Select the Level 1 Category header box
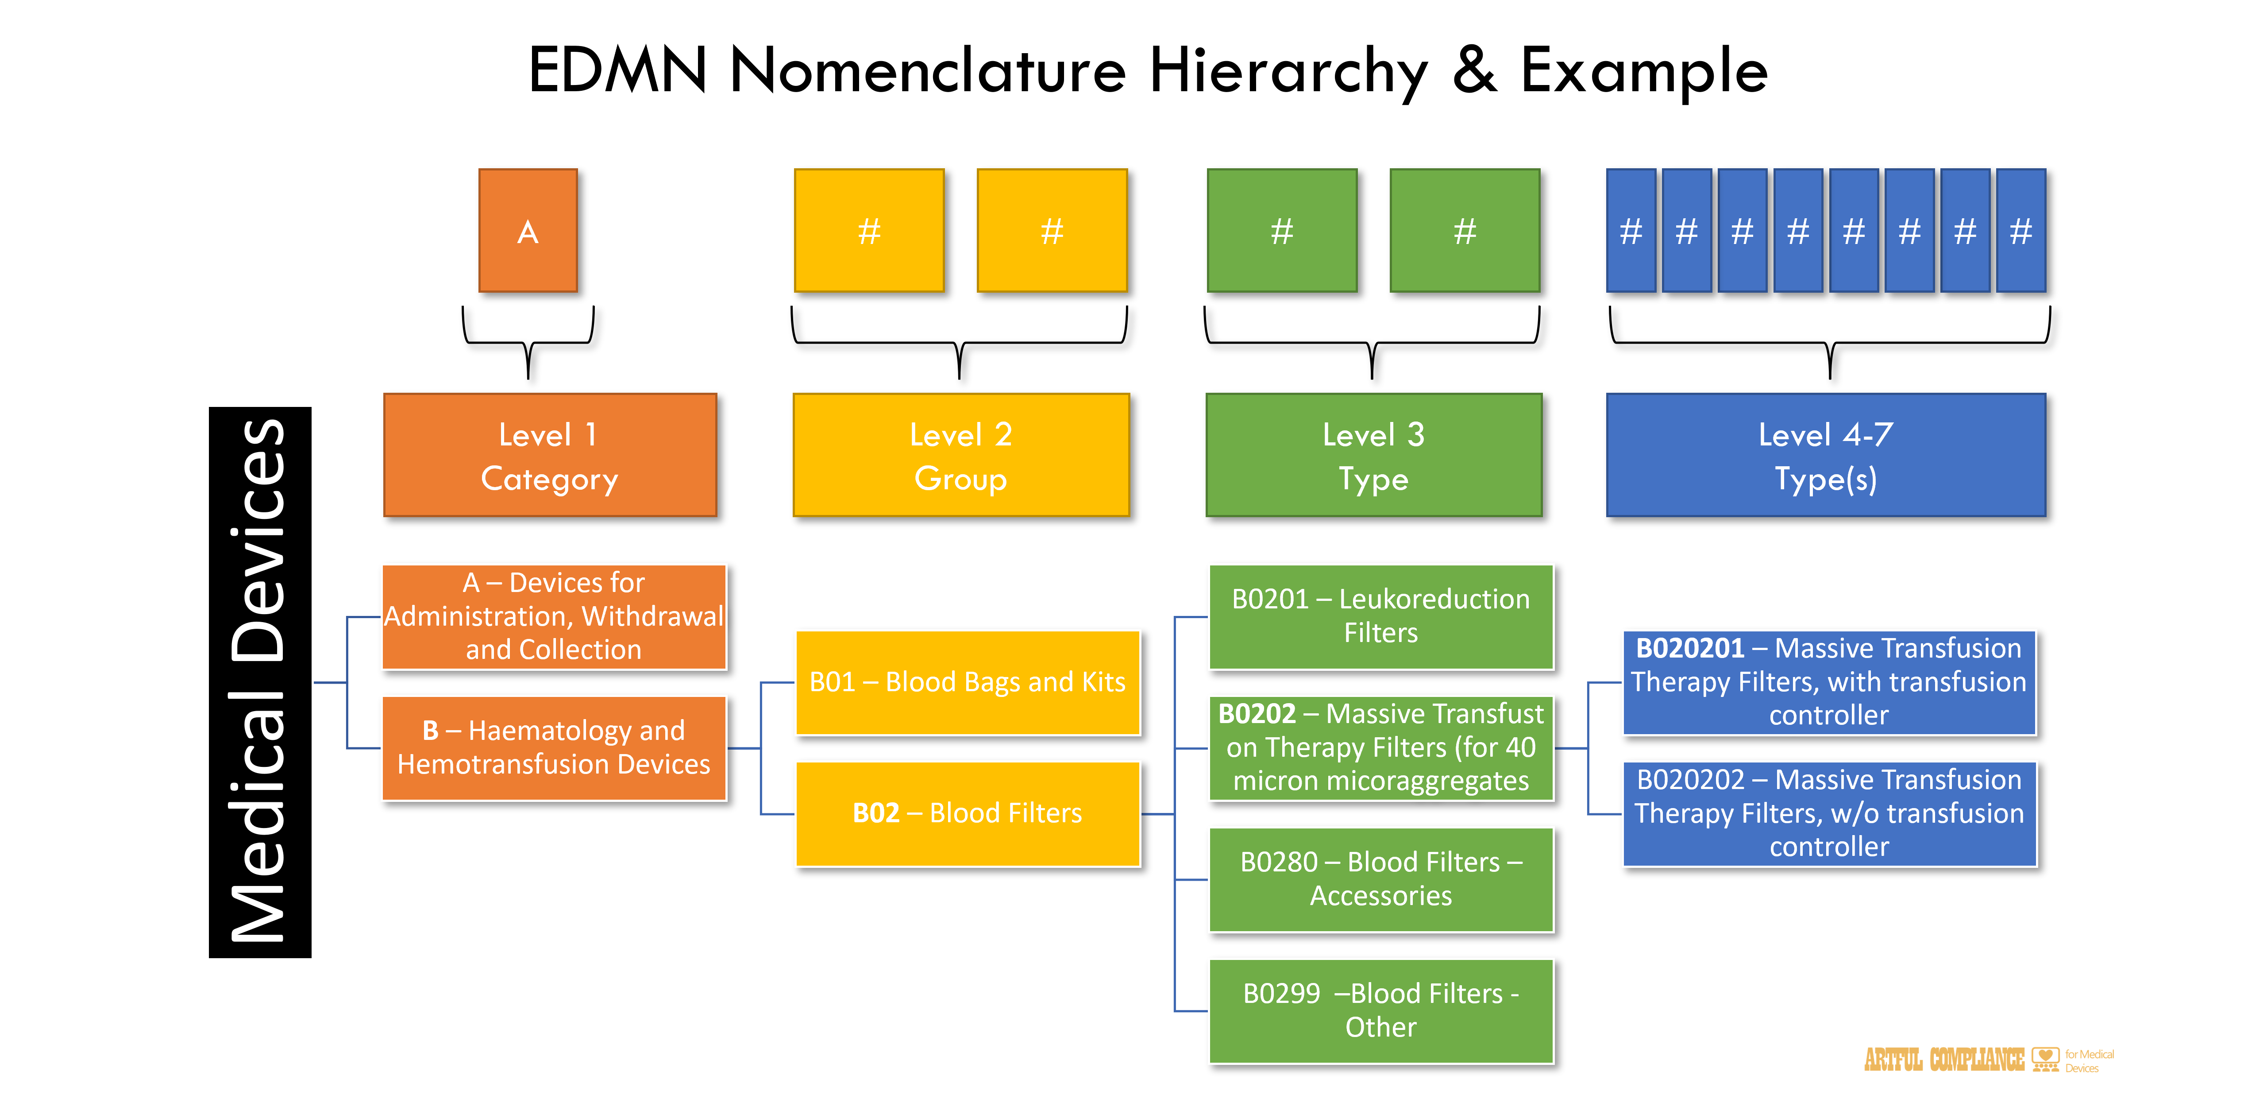pyautogui.click(x=550, y=455)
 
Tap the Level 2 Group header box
pyautogui.click(x=961, y=455)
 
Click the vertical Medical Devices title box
pyautogui.click(x=260, y=682)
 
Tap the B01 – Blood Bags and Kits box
pyautogui.click(x=967, y=682)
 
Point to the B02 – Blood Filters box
pyautogui.click(x=967, y=813)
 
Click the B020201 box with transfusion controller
pyautogui.click(x=1828, y=682)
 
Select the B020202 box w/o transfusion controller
pyautogui.click(x=1828, y=813)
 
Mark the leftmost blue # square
pyautogui.click(x=1631, y=231)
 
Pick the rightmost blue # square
pyautogui.click(x=2020, y=231)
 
